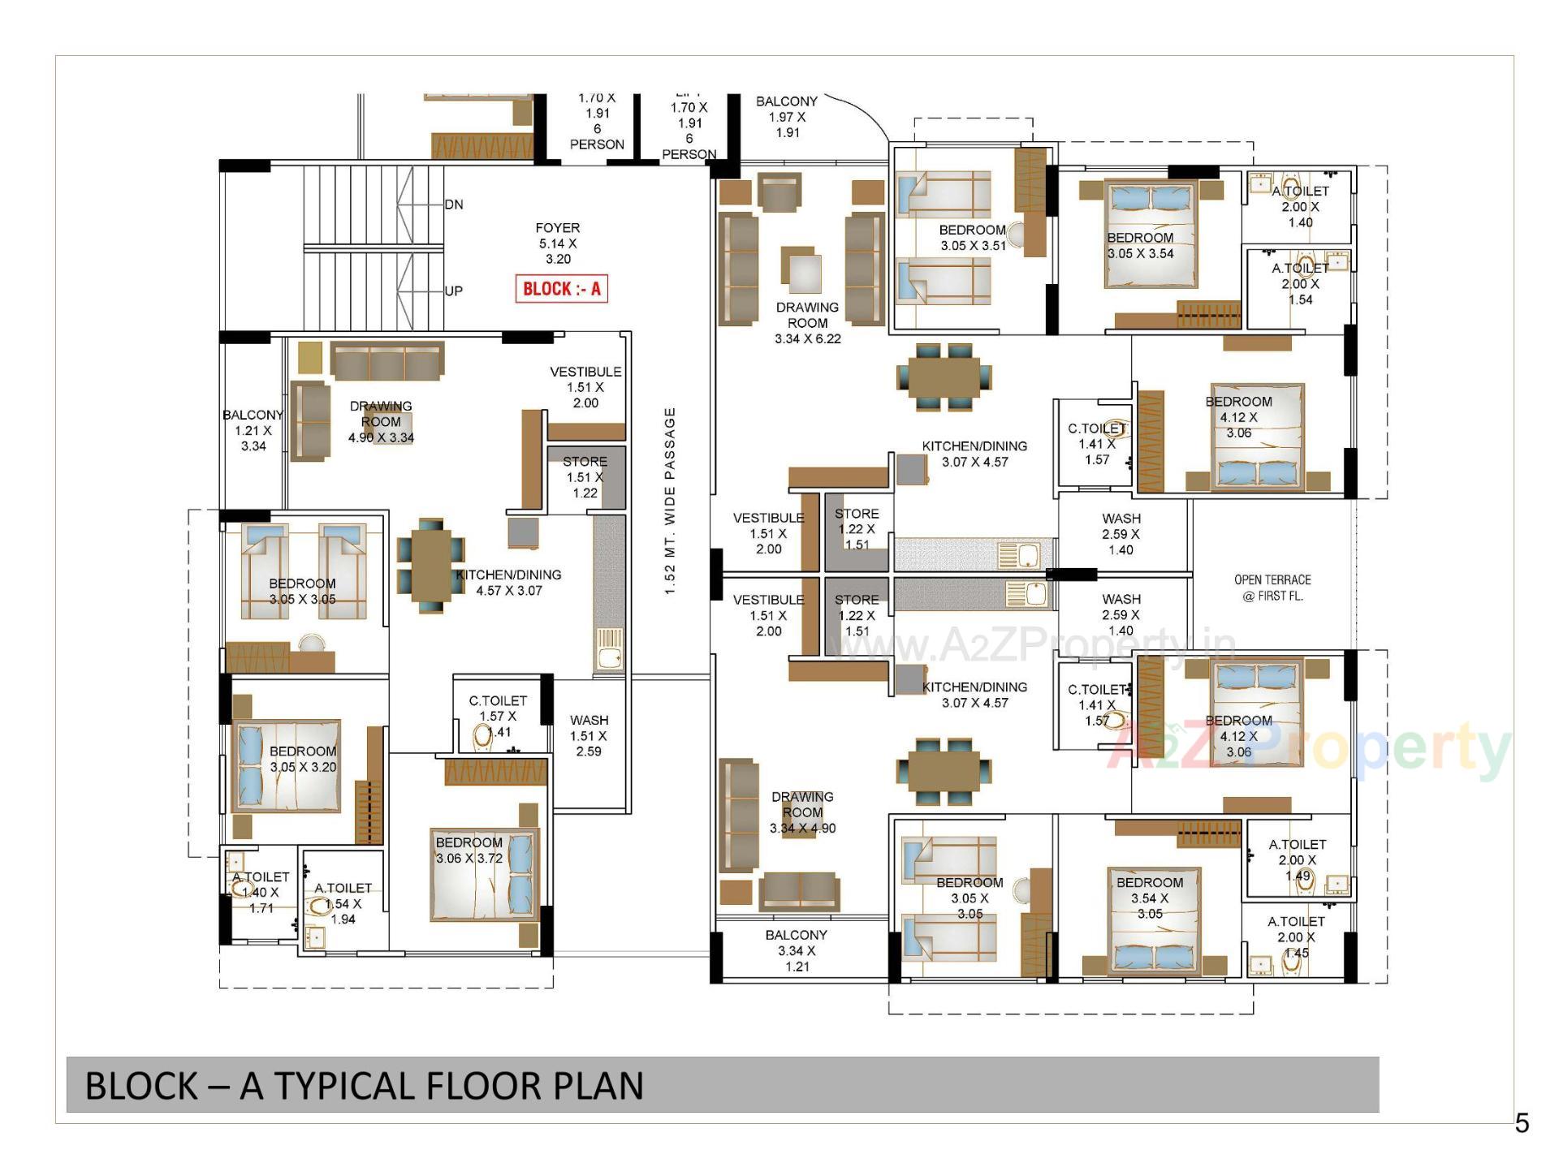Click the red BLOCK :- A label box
(x=561, y=289)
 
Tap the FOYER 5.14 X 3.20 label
(x=558, y=243)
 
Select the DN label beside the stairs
(x=454, y=205)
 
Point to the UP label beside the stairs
(x=454, y=291)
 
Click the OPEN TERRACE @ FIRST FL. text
(x=1272, y=588)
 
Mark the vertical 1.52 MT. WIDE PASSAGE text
(x=670, y=501)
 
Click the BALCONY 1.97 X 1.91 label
(x=786, y=117)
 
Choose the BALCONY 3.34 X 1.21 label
(x=796, y=950)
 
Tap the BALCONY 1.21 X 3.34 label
(x=253, y=430)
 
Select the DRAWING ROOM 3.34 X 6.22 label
(x=807, y=322)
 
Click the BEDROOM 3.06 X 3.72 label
(x=469, y=850)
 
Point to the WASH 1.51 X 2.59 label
(x=589, y=735)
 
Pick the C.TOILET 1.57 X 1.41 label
(x=498, y=716)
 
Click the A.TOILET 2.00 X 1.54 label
(x=1300, y=283)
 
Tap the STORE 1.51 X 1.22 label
(x=585, y=476)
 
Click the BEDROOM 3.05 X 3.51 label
(x=972, y=238)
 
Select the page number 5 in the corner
(x=1522, y=1123)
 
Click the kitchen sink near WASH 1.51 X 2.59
(x=609, y=649)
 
